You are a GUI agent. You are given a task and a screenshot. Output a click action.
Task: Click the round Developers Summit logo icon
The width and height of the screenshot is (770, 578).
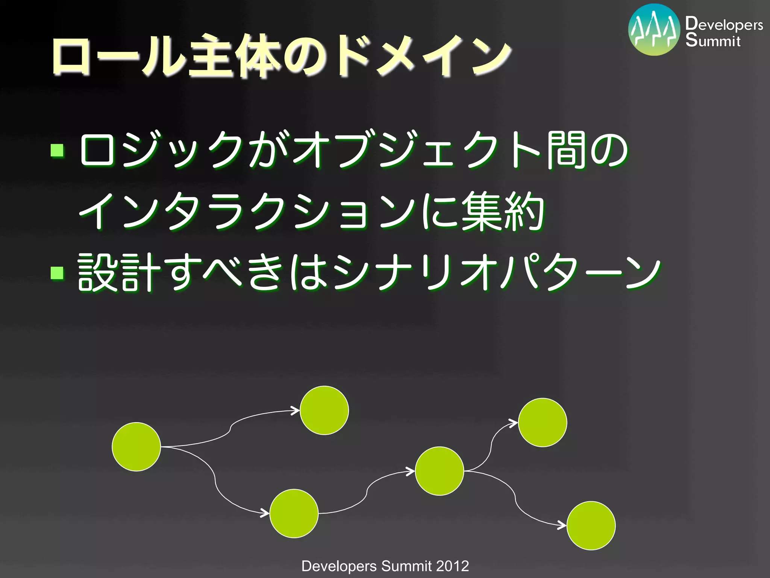[654, 30]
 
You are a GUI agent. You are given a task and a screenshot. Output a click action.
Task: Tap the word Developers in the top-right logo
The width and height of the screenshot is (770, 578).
[724, 24]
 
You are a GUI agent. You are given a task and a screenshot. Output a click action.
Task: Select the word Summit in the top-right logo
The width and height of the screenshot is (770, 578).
[713, 40]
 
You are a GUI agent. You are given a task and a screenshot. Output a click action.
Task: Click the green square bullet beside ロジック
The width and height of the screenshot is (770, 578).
[58, 150]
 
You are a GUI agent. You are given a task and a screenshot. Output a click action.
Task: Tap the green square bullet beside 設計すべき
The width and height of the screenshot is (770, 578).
[58, 273]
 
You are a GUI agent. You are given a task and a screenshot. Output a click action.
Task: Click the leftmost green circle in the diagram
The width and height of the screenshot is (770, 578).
[136, 447]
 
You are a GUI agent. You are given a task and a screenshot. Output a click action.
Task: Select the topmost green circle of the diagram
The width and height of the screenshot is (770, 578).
[324, 410]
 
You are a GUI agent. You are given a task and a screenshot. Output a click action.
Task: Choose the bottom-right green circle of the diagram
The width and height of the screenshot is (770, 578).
[591, 525]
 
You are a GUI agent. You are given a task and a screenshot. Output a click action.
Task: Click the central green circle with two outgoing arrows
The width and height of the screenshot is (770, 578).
[439, 471]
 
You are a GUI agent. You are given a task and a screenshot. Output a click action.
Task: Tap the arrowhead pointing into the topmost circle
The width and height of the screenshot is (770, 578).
[296, 411]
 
